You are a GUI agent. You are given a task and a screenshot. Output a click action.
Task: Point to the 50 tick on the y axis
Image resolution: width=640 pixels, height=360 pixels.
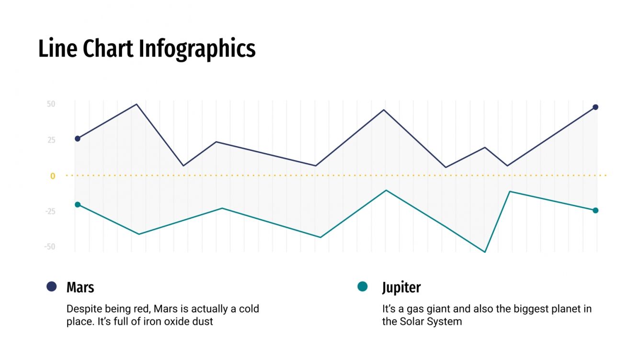[51, 104]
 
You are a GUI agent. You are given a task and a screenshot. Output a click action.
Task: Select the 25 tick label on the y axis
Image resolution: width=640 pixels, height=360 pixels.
[51, 140]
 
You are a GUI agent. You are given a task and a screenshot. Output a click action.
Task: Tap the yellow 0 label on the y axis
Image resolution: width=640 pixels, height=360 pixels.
[53, 176]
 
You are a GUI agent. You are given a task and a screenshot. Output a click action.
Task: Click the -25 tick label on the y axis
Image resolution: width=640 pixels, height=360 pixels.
[50, 212]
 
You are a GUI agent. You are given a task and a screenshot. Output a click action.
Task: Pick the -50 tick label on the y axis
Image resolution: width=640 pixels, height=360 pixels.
[50, 247]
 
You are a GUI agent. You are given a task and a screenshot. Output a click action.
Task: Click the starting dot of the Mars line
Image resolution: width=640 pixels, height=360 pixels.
[78, 139]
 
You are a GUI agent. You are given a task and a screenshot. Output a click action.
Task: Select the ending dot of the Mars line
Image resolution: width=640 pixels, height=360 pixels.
[595, 107]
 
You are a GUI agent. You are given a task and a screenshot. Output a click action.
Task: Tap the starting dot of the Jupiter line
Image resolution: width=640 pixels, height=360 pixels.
[78, 205]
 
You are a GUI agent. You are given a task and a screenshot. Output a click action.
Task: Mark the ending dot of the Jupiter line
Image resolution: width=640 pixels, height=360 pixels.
[595, 211]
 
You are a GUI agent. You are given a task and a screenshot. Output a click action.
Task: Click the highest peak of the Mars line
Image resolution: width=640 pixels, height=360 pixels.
[137, 104]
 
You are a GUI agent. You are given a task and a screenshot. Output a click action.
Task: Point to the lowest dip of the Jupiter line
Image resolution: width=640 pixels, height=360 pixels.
[485, 252]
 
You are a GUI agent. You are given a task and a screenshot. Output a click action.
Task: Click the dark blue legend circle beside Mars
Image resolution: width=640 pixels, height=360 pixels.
[51, 286]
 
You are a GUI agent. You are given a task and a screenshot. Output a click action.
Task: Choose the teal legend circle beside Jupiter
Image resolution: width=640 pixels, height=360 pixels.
[363, 286]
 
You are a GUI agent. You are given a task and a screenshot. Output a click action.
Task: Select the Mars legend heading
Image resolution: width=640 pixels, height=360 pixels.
[80, 287]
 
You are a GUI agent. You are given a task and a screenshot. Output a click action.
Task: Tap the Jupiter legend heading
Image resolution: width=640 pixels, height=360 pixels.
[401, 287]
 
